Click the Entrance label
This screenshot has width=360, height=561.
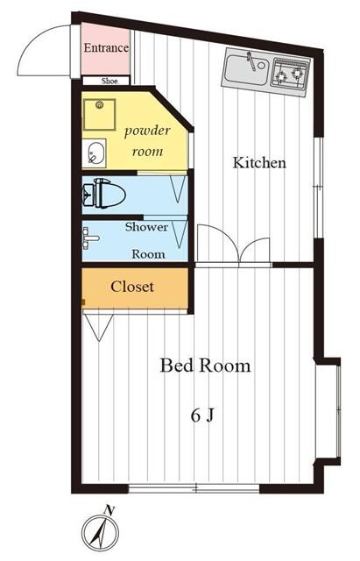click(106, 48)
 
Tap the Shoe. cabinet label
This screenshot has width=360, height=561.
click(110, 82)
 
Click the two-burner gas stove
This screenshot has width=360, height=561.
click(290, 75)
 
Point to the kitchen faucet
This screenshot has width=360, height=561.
click(252, 61)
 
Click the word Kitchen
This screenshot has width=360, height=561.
click(259, 163)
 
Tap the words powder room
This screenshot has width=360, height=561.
click(147, 140)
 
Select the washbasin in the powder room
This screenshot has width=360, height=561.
click(95, 153)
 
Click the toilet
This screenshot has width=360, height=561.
click(104, 195)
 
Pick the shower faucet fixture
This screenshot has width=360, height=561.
click(91, 238)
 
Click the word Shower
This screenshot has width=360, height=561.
click(146, 227)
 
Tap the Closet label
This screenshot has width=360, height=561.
click(132, 287)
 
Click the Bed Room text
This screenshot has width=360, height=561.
click(205, 366)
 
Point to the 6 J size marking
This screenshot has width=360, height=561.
click(202, 415)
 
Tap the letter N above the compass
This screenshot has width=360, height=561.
click(109, 510)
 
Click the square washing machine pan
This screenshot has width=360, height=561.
click(99, 115)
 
